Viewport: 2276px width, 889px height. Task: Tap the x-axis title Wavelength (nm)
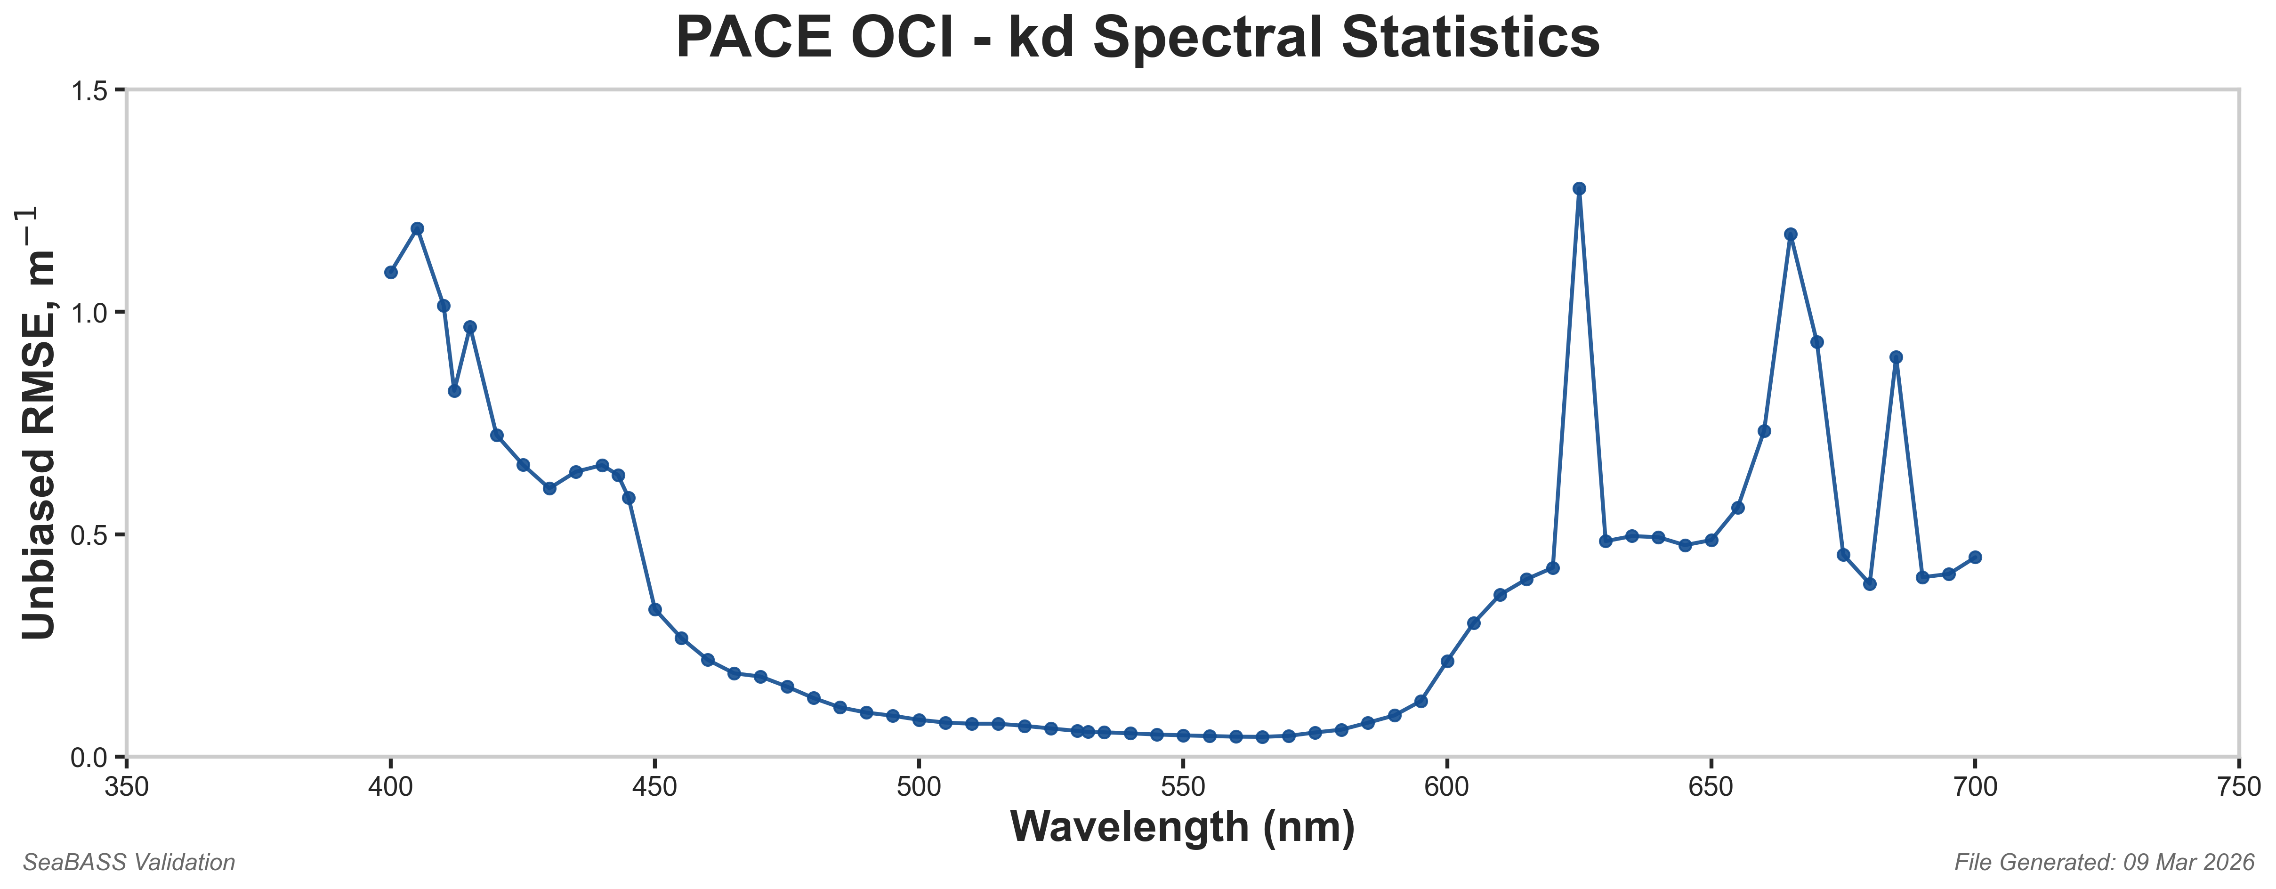[x=1182, y=827]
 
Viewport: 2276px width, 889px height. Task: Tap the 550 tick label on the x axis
[x=1182, y=786]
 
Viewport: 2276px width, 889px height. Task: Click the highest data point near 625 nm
[x=1579, y=188]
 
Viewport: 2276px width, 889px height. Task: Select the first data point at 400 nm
[x=390, y=272]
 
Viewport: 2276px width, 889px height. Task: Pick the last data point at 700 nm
[x=1975, y=557]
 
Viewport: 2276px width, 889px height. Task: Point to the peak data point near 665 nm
[x=1790, y=234]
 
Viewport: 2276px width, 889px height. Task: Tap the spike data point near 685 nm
[x=1895, y=357]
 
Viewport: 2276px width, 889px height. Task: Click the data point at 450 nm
[x=655, y=610]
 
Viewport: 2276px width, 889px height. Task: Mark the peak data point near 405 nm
[x=417, y=228]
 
